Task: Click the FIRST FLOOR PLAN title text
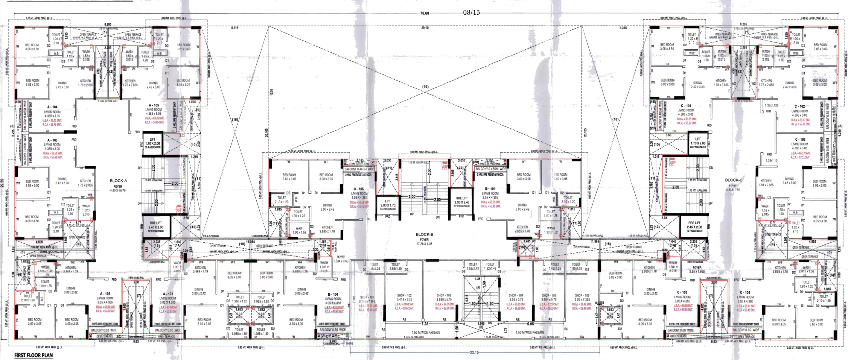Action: (x=33, y=355)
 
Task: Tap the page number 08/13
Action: (x=471, y=12)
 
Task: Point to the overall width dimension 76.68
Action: (x=424, y=13)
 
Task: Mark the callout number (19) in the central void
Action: (x=425, y=87)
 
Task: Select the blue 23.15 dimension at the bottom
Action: (x=474, y=352)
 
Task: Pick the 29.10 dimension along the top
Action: (x=425, y=28)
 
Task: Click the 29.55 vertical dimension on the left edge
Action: (x=3, y=185)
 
